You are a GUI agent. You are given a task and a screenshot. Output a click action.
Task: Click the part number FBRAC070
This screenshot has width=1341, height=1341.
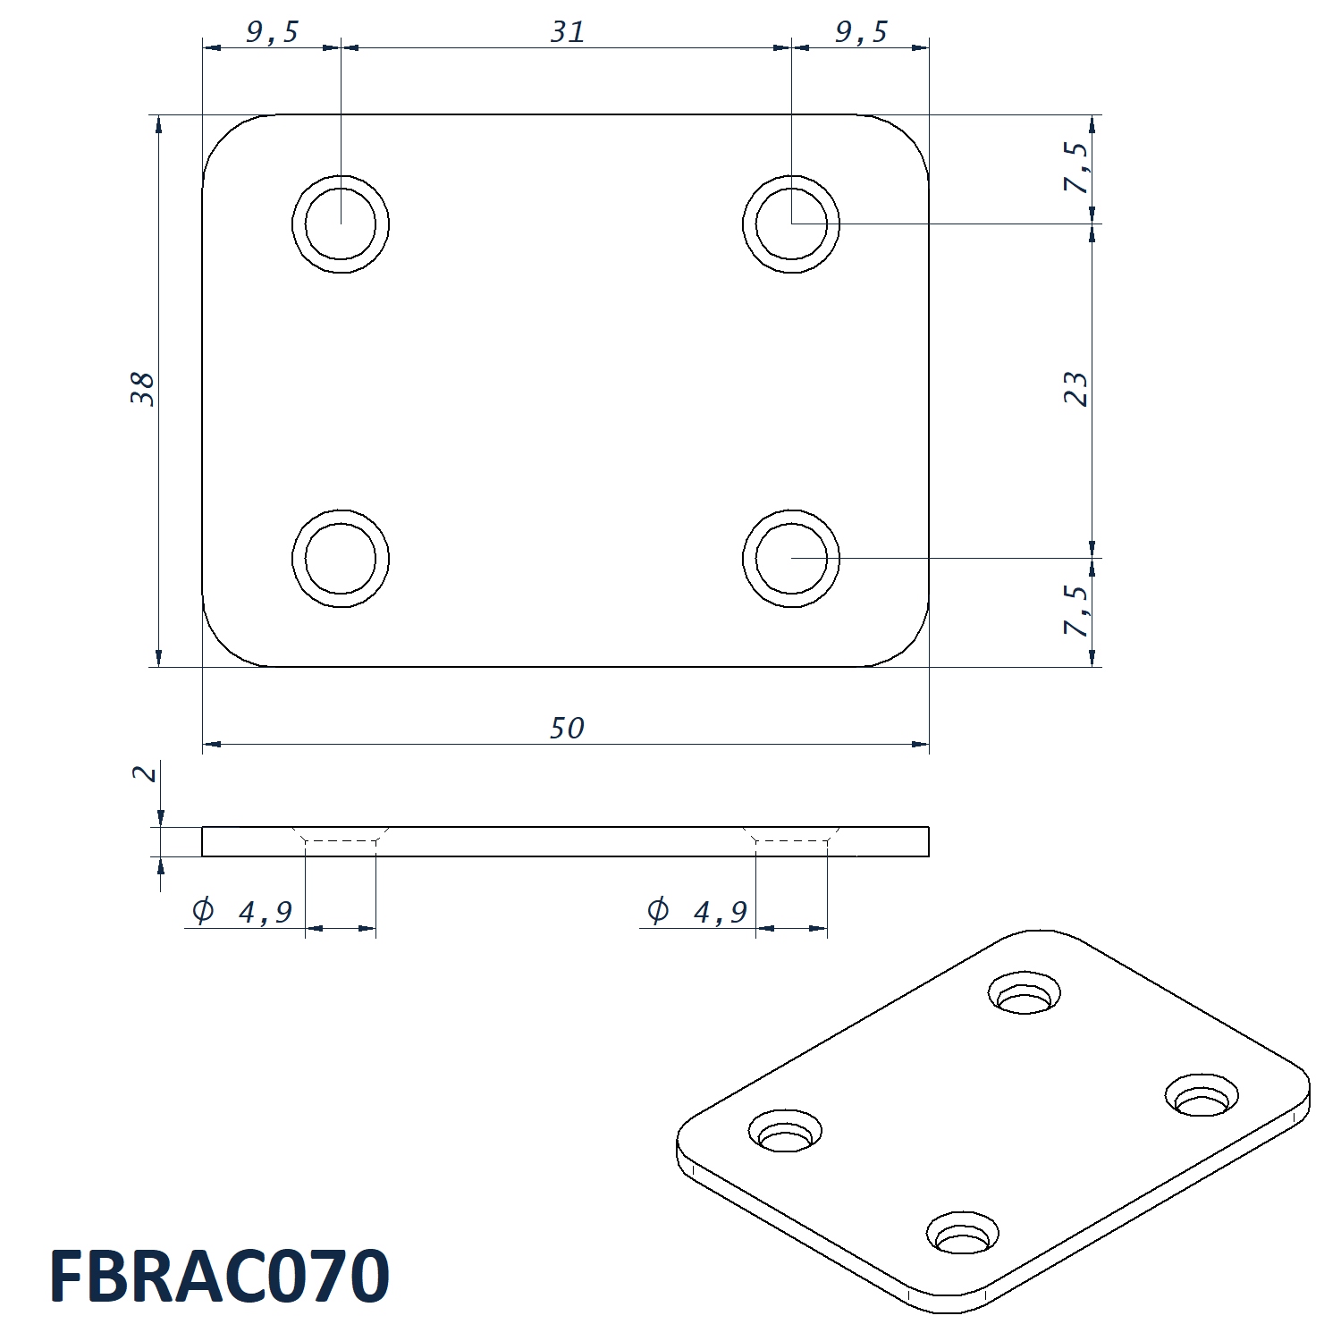point(219,1276)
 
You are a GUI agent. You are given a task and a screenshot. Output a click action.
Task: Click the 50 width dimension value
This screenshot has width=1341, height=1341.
point(567,729)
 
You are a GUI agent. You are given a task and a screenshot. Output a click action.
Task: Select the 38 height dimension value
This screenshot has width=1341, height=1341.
point(143,390)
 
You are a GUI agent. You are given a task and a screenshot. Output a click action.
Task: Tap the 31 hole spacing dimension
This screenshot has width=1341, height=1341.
point(568,32)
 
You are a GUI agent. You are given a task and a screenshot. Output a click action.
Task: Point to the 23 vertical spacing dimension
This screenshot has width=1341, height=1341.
point(1076,390)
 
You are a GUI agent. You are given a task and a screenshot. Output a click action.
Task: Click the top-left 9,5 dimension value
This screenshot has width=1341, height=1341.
point(272,33)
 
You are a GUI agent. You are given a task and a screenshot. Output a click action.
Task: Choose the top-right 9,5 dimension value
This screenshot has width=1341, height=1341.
point(861,33)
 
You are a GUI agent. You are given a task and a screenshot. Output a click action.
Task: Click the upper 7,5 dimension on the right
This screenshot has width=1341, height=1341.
point(1077,167)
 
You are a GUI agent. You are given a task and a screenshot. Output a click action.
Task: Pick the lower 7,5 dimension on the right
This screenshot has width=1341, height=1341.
point(1077,611)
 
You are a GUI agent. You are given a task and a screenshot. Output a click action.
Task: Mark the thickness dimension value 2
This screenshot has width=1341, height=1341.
point(145,772)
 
